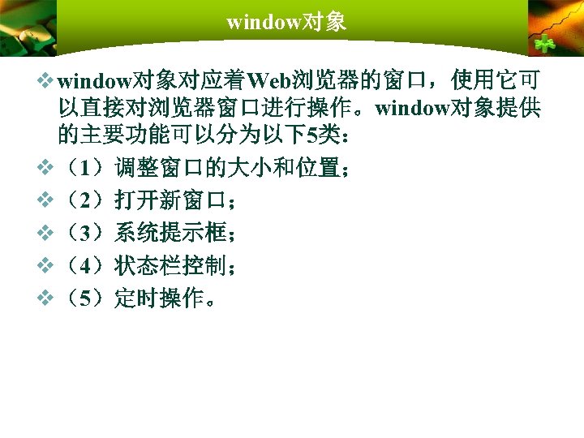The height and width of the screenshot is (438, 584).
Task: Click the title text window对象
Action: pos(286,22)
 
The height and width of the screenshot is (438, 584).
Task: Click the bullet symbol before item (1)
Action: pos(45,169)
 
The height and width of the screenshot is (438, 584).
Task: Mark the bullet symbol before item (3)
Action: pos(45,234)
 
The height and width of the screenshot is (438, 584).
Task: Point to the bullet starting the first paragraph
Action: pos(45,81)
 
